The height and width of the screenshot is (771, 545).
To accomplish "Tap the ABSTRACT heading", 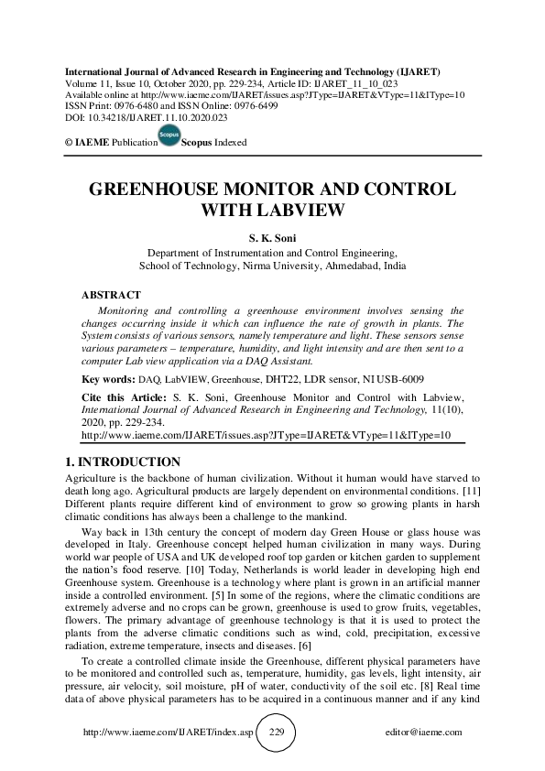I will (x=111, y=296).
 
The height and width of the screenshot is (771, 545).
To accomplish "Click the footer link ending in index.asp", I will (x=167, y=733).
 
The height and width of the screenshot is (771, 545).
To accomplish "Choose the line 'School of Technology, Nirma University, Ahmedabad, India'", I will (x=273, y=266).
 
